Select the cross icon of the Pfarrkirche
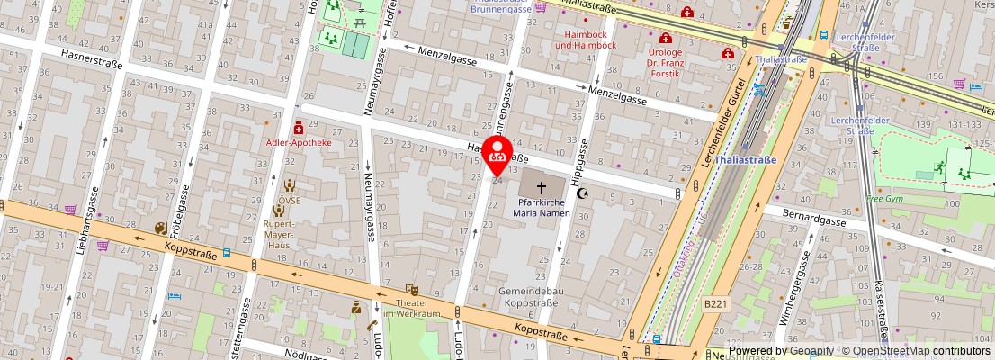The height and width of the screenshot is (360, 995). tap(542, 188)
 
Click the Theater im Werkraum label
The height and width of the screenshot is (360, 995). tap(412, 308)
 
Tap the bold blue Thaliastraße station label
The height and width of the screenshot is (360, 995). tap(746, 161)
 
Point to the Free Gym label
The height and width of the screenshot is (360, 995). tap(883, 198)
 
